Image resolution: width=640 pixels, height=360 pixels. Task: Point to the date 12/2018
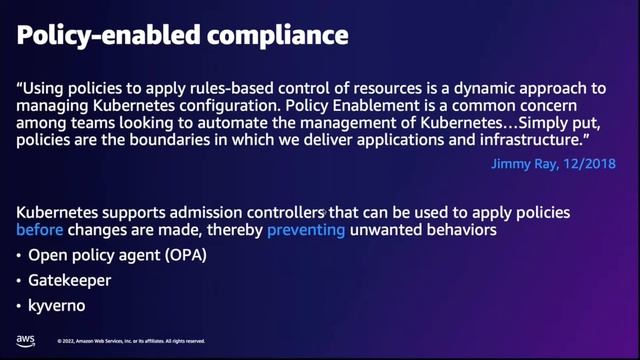591,161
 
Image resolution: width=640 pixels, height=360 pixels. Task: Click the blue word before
39,231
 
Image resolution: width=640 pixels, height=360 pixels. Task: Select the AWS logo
26,339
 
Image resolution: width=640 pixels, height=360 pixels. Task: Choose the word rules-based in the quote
236,87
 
